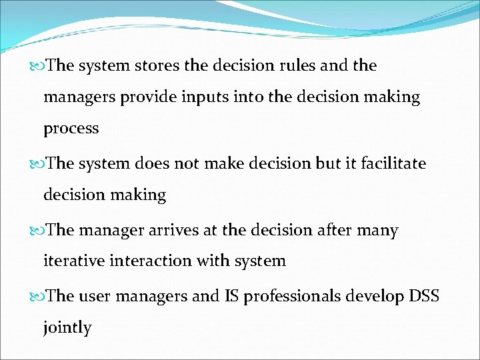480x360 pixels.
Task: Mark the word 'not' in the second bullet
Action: pyautogui.click(x=187, y=163)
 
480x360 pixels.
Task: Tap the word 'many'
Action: pyautogui.click(x=377, y=231)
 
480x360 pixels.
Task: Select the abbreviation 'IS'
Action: pyautogui.click(x=231, y=296)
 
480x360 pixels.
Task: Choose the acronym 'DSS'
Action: pyautogui.click(x=424, y=296)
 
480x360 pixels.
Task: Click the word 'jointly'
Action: pyautogui.click(x=67, y=328)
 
